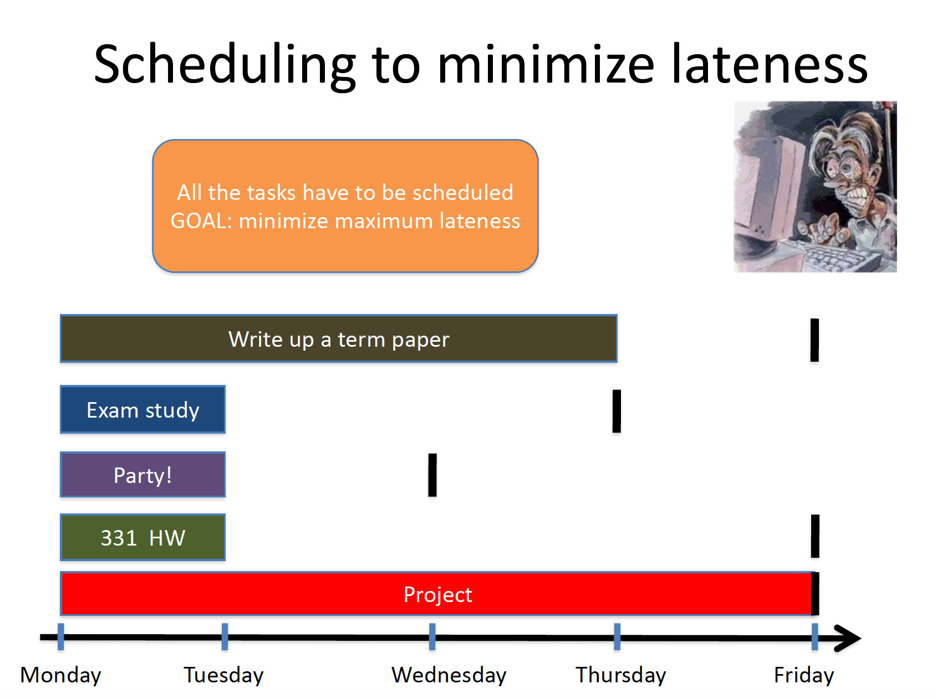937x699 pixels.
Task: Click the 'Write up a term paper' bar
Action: (338, 338)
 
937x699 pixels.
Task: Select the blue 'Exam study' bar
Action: (142, 409)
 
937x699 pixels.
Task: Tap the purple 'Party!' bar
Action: (142, 475)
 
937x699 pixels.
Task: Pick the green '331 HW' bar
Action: (142, 537)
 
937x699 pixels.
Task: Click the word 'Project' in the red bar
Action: (437, 595)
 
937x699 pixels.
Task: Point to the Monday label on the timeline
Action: (60, 675)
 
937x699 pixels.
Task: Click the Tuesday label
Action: (223, 675)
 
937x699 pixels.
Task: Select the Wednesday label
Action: (449, 675)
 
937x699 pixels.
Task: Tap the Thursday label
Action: (620, 675)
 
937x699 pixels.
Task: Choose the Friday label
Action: (804, 675)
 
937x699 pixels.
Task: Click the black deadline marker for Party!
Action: (432, 475)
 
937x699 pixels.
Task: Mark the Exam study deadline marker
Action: (617, 411)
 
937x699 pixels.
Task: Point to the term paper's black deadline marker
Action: (814, 340)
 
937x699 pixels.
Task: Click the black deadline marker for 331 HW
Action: (815, 536)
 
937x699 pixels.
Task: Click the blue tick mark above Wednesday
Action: (432, 636)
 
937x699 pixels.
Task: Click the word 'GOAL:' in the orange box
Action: (201, 221)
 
